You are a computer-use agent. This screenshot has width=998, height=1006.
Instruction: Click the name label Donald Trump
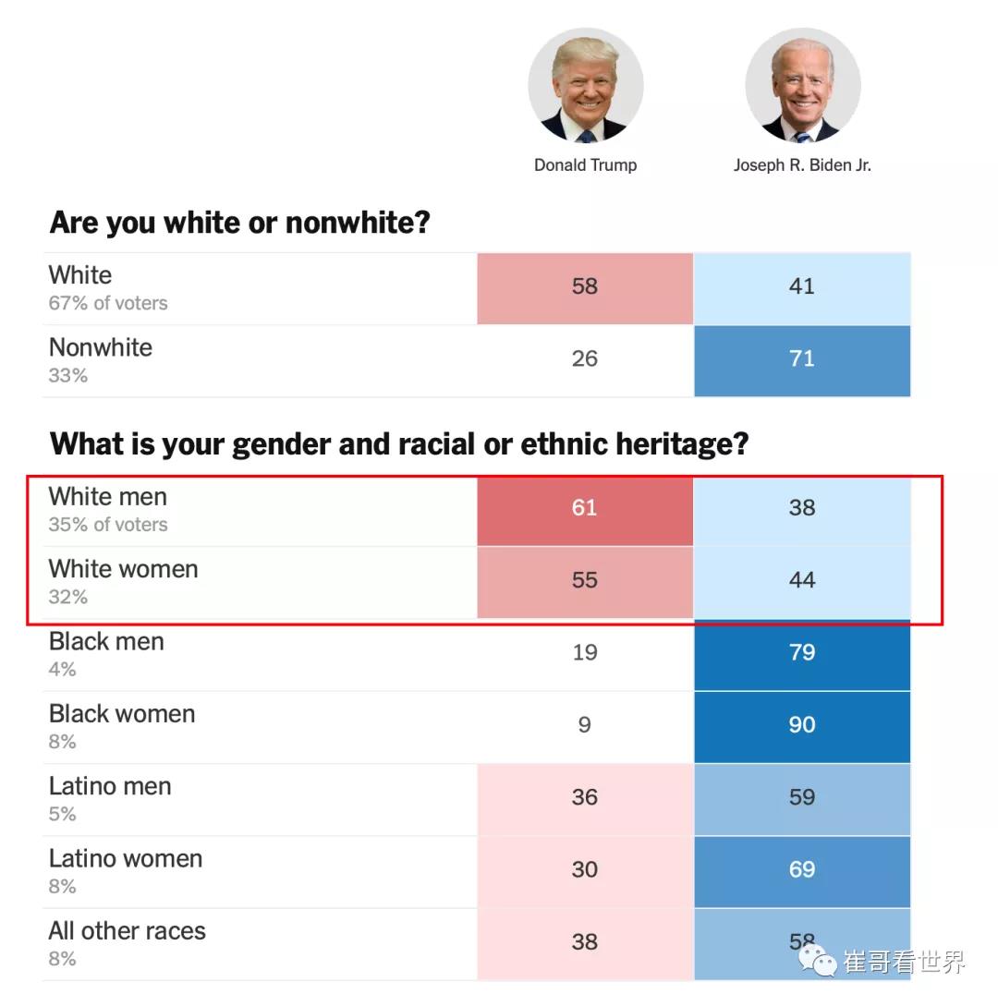(x=585, y=165)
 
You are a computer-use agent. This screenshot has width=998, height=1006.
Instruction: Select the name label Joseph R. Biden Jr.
(x=802, y=165)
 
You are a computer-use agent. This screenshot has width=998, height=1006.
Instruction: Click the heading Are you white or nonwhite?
(x=239, y=223)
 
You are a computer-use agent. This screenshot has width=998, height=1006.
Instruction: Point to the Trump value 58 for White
(x=585, y=286)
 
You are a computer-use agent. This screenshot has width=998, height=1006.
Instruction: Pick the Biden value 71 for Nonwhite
(x=802, y=358)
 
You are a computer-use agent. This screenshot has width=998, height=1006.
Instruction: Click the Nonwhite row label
(x=101, y=347)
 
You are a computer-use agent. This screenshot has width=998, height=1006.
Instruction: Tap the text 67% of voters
(x=108, y=303)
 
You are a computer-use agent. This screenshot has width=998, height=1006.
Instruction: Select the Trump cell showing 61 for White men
(x=585, y=507)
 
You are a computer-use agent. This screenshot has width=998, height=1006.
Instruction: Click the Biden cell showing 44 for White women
(x=802, y=580)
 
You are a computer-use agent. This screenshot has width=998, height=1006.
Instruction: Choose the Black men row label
(x=106, y=641)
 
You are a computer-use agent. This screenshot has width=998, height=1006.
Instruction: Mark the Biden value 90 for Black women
(x=802, y=724)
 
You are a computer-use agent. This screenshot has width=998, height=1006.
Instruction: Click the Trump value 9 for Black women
(x=585, y=724)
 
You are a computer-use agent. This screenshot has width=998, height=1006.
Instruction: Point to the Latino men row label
(x=110, y=786)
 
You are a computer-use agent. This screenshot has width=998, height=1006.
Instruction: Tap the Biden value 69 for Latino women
(x=802, y=869)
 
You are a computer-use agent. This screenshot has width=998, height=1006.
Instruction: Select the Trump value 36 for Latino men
(x=585, y=797)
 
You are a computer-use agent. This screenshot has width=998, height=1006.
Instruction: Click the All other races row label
(x=128, y=930)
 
